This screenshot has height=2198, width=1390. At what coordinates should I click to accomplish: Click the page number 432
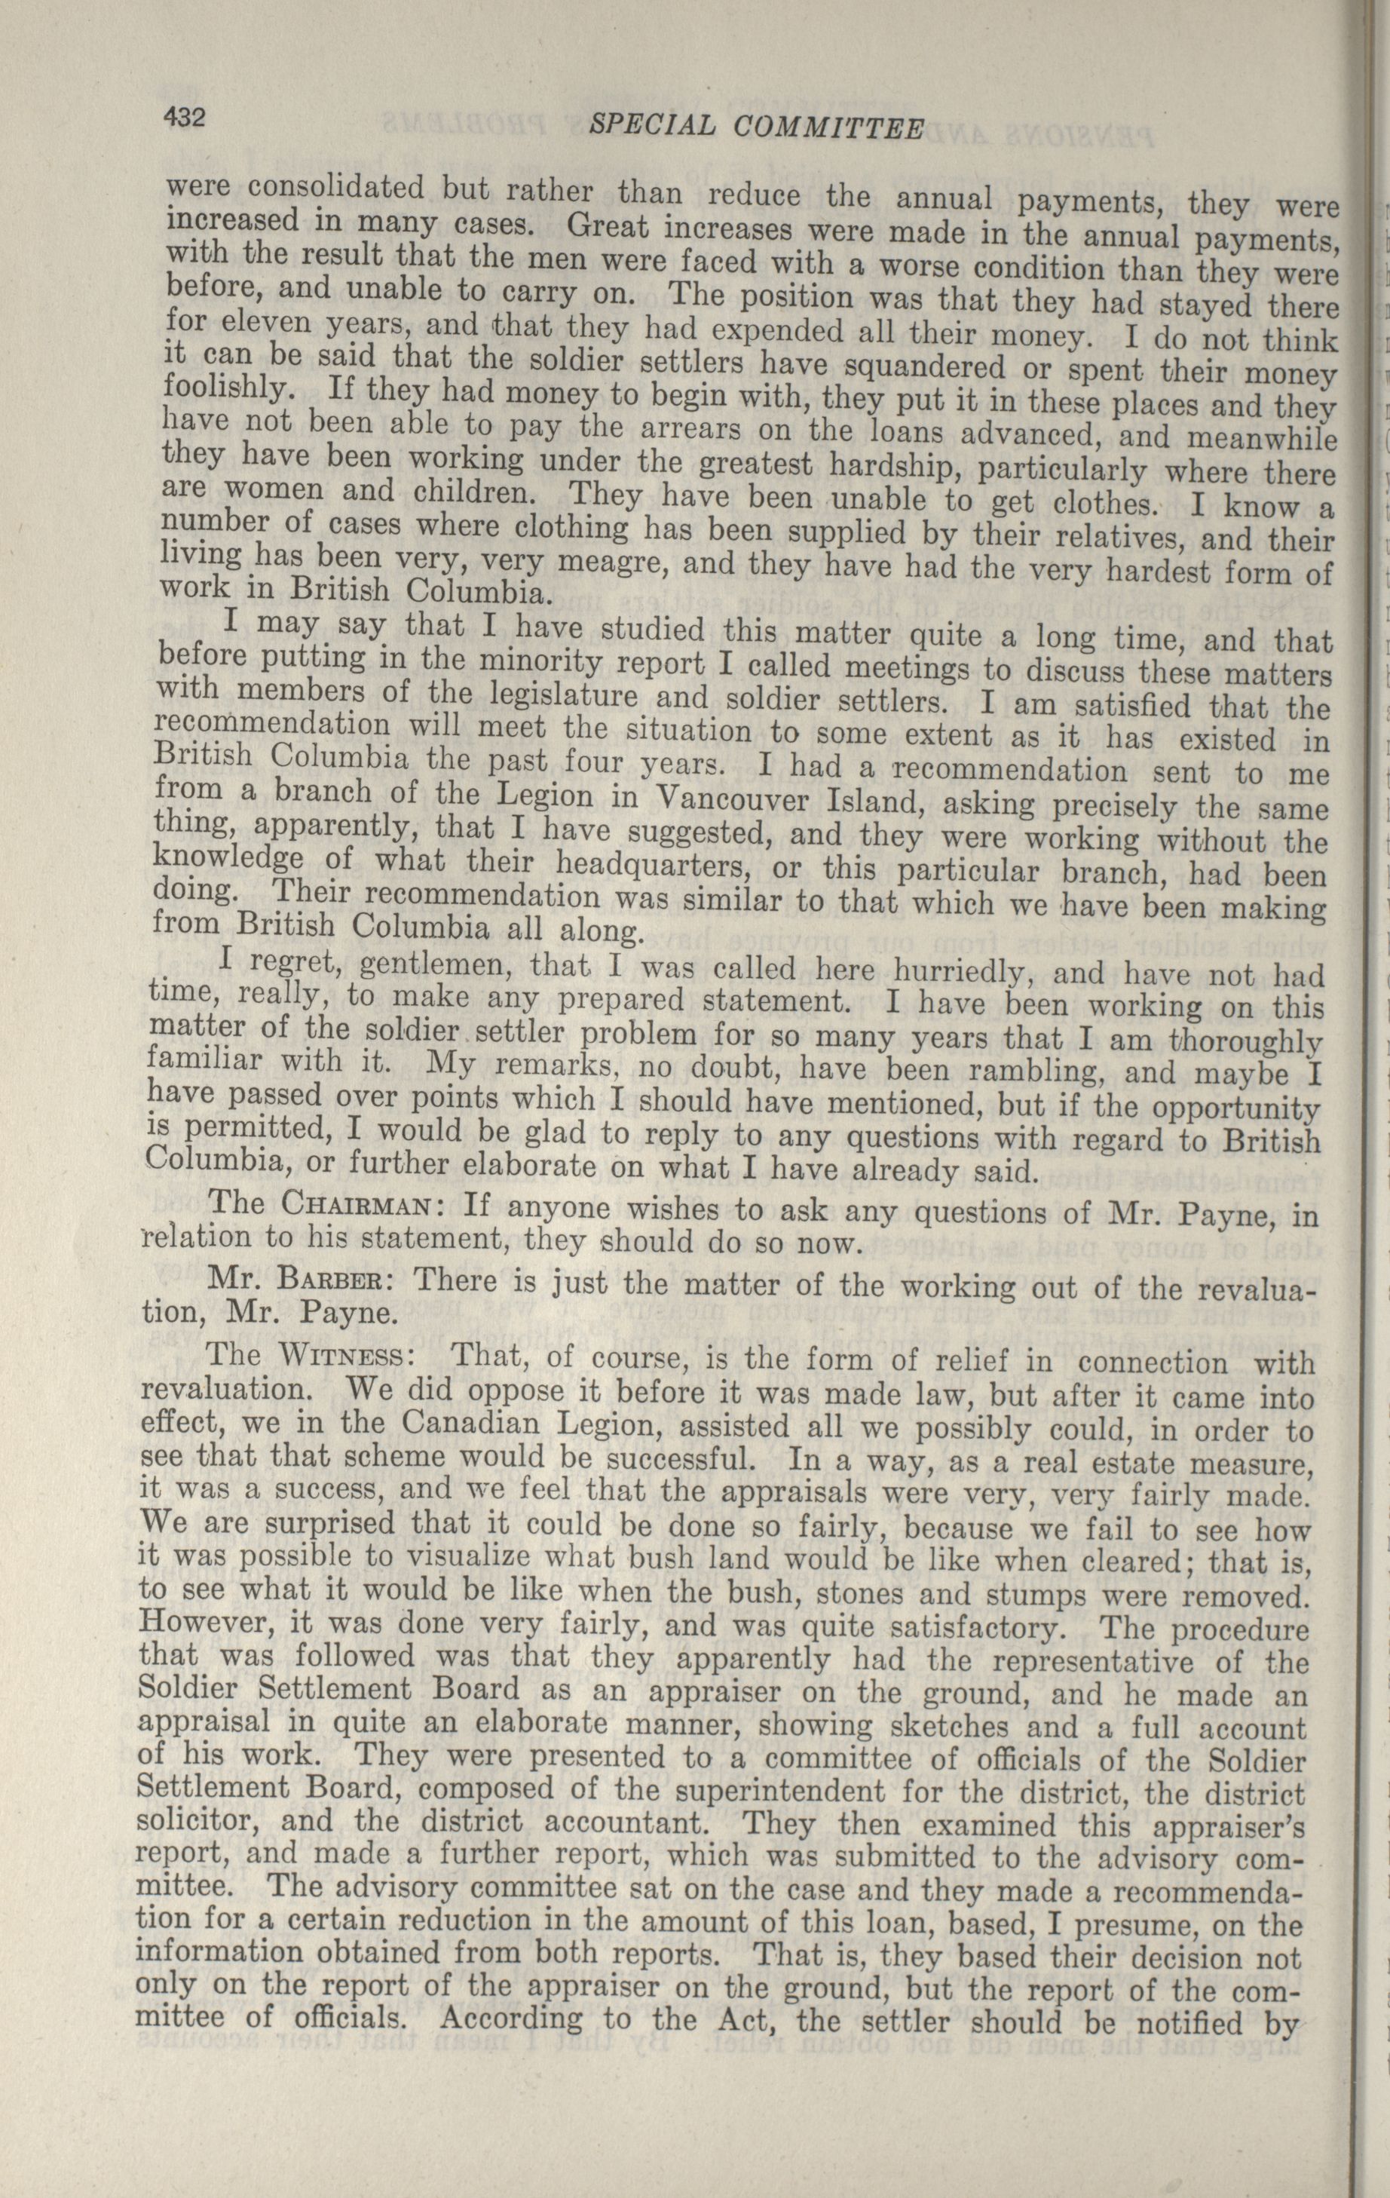click(186, 117)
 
